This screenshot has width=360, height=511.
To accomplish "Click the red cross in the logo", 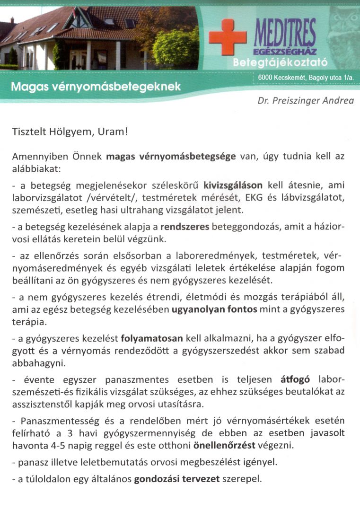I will pyautogui.click(x=228, y=37).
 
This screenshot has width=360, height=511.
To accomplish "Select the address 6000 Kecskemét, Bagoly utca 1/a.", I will pyautogui.click(x=307, y=77).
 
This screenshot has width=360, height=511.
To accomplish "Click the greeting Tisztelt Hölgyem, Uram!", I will pyautogui.click(x=70, y=132).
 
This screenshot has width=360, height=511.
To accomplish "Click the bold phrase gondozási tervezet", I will pyautogui.click(x=177, y=479).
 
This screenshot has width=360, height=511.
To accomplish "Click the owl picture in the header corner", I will pyautogui.click(x=343, y=28).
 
